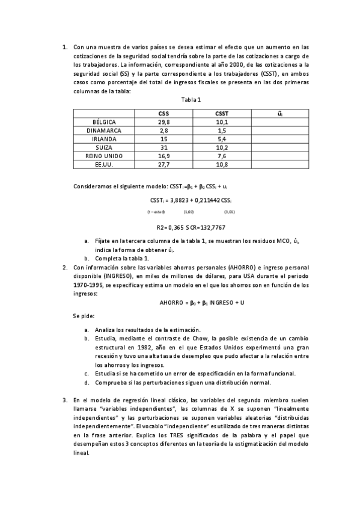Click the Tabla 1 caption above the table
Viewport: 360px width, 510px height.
pos(190,100)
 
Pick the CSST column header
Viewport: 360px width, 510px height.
pos(222,113)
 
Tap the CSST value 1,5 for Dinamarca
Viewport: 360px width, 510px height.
pos(222,130)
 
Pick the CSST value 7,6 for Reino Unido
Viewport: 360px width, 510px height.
pos(222,155)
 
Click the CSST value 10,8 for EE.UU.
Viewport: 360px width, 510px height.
pos(222,164)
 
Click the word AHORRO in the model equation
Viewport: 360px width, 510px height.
pos(170,303)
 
